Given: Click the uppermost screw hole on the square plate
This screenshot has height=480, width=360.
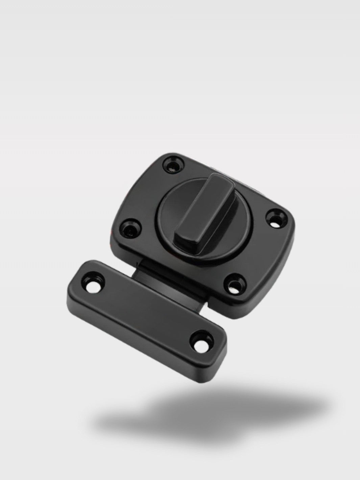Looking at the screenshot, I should pos(173,166).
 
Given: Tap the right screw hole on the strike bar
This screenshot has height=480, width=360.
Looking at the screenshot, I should pos(202,336).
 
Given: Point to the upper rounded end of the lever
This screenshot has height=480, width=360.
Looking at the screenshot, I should pos(216,179).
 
